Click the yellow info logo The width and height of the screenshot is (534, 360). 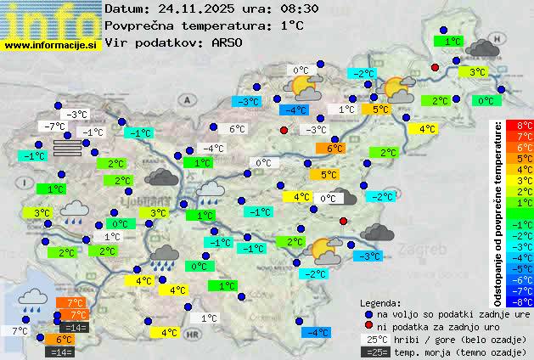(51, 19)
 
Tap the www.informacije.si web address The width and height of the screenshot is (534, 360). (51, 45)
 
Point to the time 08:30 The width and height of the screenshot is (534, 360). (301, 9)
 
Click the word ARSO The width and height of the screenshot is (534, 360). (228, 42)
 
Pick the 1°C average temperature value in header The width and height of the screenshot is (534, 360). (291, 25)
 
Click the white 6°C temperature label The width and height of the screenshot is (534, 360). (237, 129)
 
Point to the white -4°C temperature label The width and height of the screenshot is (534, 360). (212, 149)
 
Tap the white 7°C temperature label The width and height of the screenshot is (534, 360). (19, 330)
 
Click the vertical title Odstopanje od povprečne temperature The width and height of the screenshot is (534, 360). (499, 212)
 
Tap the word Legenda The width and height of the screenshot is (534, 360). (380, 302)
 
